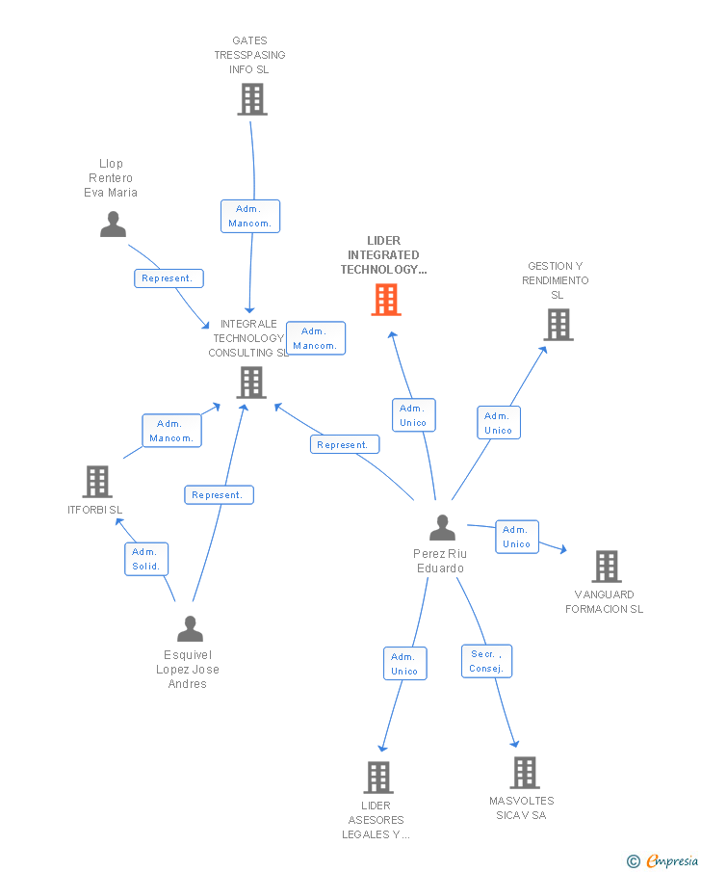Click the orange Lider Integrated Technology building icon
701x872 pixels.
386,300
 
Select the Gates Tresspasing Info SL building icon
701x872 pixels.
251,99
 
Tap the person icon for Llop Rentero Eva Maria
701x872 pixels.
113,225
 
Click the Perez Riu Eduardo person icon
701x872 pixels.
442,528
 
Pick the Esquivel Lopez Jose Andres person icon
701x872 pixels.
190,629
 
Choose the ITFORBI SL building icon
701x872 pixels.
97,482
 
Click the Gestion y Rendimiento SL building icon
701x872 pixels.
558,325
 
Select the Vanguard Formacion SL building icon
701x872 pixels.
606,567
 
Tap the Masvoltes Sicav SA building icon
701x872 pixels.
524,773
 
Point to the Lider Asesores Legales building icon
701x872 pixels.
377,777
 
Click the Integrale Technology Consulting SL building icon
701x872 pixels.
251,383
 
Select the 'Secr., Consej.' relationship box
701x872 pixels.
486,661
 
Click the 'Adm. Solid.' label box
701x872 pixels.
146,559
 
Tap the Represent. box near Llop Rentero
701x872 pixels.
169,278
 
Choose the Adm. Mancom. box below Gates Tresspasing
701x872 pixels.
250,216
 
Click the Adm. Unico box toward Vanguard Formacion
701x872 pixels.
516,537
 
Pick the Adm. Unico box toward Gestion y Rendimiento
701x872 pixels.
498,423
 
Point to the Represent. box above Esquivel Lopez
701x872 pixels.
219,495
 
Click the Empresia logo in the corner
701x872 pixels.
662,860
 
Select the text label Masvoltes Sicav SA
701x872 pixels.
521,807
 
